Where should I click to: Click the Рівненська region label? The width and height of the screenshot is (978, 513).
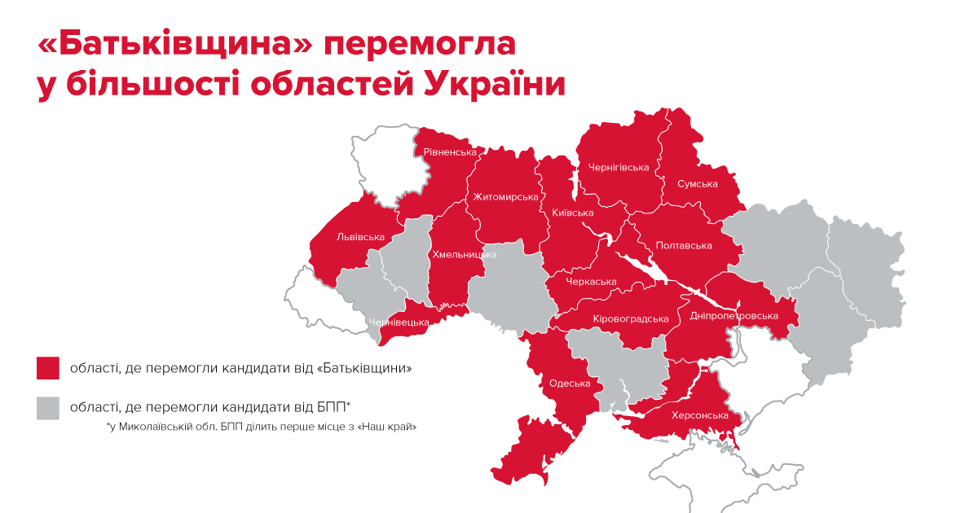(450, 152)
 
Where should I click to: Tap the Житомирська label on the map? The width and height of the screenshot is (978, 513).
(505, 197)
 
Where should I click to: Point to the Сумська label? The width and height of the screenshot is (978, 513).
(698, 184)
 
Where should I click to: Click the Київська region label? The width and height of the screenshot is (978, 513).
(572, 213)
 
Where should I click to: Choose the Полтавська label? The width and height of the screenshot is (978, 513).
(684, 246)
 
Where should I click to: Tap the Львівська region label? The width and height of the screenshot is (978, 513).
(360, 238)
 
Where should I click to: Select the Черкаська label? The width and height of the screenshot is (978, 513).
(592, 282)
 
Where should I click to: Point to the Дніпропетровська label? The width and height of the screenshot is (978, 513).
(733, 316)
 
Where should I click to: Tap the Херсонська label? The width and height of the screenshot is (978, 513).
(699, 416)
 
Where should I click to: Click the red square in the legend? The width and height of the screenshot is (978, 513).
(48, 368)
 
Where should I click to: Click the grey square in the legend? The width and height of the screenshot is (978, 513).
(48, 407)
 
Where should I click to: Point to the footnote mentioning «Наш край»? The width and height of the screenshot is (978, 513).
(267, 427)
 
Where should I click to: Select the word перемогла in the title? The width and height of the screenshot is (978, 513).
(421, 46)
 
